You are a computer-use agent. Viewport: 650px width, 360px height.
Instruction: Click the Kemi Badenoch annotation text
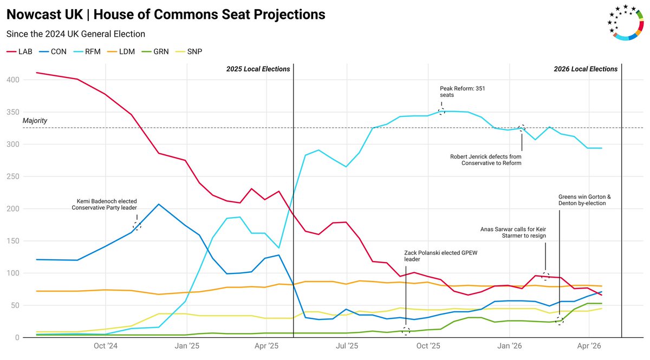tap(104, 204)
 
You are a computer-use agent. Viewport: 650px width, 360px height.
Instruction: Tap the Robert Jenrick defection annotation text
tap(485, 160)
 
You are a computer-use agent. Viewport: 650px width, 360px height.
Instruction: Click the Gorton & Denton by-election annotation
tap(582, 200)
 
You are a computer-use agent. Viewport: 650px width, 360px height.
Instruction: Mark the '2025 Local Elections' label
tap(258, 69)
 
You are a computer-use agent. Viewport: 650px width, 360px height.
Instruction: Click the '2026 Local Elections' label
tap(586, 69)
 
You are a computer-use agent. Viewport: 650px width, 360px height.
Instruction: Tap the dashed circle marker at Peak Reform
tap(441, 112)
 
